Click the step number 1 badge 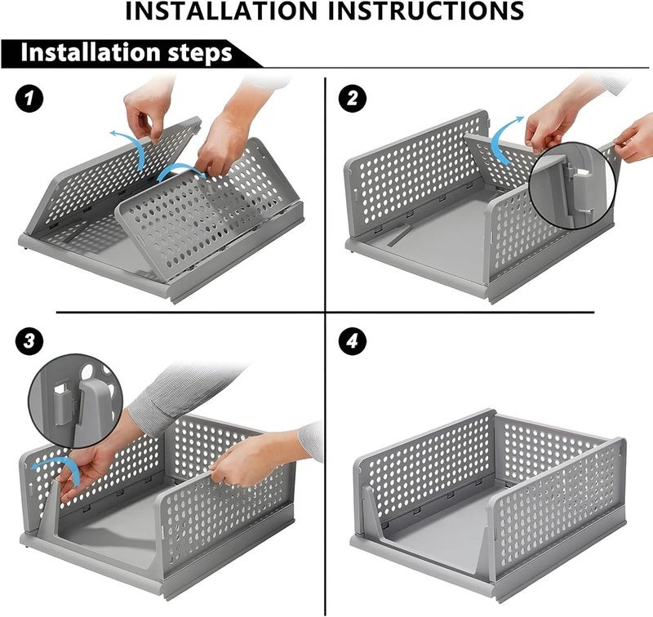29,99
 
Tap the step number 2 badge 353,99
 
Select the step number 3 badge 29,341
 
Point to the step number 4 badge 353,341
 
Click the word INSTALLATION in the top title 221,11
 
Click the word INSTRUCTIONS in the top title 425,11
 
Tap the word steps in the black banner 200,53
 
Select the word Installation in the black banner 91,52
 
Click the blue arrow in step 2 504,140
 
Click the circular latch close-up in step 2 572,185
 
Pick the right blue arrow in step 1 183,169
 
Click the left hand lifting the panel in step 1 149,109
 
